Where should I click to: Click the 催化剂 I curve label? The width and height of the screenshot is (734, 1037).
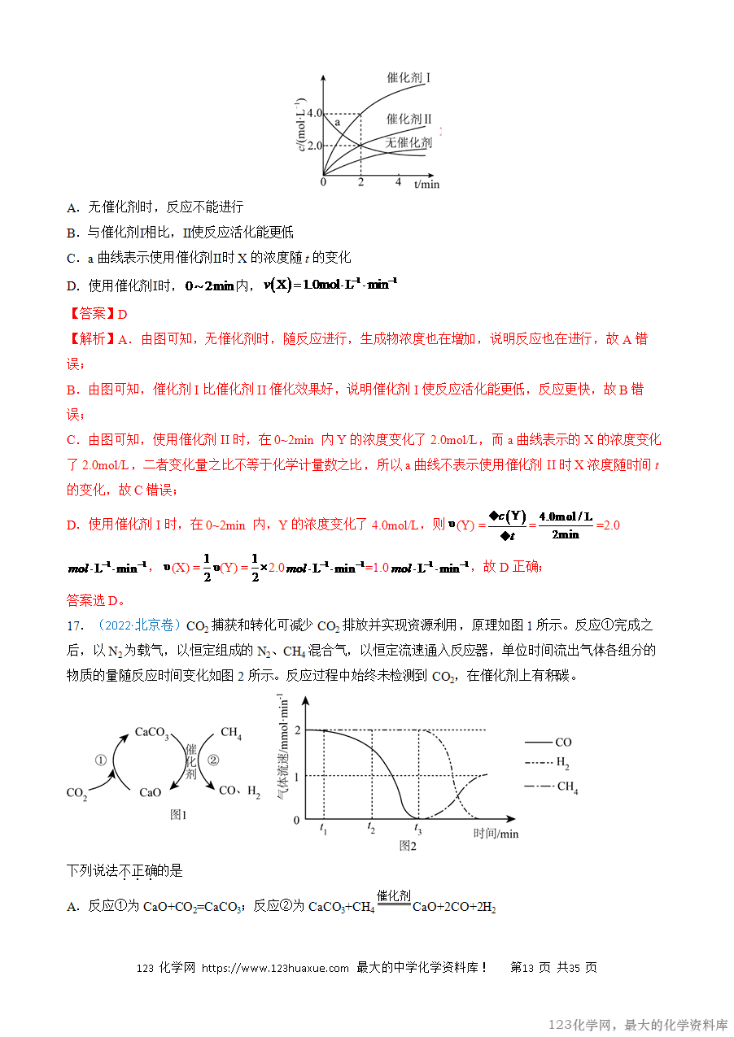click(409, 78)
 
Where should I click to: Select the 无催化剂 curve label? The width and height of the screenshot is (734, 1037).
click(409, 142)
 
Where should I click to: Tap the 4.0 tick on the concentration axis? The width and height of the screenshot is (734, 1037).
click(314, 113)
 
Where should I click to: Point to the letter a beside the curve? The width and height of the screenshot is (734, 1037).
click(337, 122)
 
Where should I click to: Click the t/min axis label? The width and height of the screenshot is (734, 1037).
click(426, 184)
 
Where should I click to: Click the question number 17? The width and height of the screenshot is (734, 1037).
click(75, 625)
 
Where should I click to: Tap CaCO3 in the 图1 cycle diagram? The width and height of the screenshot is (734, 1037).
click(152, 734)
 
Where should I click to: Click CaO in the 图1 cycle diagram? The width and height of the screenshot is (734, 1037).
click(151, 792)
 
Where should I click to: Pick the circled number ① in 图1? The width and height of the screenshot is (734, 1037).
click(101, 760)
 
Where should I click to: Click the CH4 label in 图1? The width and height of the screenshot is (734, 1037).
click(231, 734)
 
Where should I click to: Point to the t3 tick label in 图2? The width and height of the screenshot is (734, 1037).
click(418, 830)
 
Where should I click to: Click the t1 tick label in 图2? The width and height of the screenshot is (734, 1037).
click(323, 830)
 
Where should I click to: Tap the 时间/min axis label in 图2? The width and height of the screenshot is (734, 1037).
click(496, 834)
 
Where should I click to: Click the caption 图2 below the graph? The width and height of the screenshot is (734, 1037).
click(408, 846)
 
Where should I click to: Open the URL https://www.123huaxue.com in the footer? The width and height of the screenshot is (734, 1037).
click(275, 968)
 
